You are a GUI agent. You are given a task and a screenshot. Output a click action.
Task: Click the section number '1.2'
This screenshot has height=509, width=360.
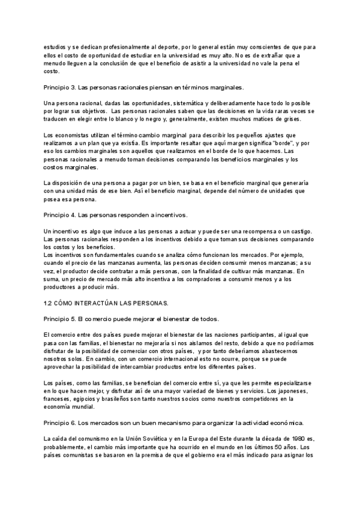point(50,301)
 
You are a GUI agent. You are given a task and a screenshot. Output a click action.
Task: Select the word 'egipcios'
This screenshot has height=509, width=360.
point(83,390)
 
